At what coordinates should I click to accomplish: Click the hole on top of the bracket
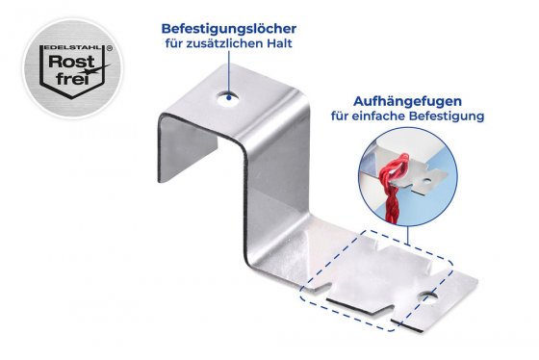coord(226,96)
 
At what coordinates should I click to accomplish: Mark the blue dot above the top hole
coord(227,82)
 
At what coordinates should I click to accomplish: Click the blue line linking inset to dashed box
coord(405,235)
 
